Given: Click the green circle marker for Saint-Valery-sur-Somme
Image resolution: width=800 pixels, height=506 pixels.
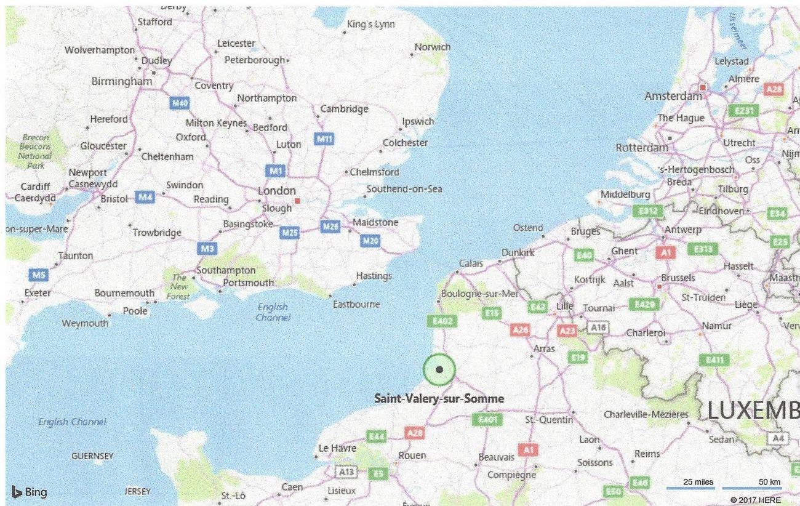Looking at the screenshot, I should click(439, 370).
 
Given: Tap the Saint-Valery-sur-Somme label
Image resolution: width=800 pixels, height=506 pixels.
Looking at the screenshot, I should click(439, 399).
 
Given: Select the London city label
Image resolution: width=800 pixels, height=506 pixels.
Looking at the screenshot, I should click(276, 191).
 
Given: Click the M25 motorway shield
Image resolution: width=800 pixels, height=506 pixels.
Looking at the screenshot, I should click(289, 232).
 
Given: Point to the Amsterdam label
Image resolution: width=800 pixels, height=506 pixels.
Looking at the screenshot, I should click(673, 96).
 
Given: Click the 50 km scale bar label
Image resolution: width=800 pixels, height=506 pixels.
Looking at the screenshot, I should click(769, 481).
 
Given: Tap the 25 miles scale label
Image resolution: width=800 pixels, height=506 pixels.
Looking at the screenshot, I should click(698, 481).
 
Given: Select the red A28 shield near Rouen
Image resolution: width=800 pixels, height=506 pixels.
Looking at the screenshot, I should click(415, 433).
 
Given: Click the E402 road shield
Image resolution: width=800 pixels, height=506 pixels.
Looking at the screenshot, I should click(442, 321).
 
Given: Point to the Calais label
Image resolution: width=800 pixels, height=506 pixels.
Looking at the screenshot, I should click(471, 263).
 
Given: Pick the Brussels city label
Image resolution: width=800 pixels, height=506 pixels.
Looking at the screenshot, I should click(678, 278).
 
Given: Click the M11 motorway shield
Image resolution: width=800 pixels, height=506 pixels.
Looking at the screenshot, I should click(324, 139).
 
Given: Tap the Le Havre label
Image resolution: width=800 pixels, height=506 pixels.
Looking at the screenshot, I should click(337, 448).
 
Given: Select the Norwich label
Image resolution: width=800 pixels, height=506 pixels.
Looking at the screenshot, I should click(432, 47).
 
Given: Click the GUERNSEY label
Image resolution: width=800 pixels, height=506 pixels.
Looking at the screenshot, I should click(92, 456).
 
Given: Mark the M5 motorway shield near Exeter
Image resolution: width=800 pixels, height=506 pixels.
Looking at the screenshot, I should click(38, 275).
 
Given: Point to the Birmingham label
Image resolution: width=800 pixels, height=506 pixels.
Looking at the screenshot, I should click(121, 81).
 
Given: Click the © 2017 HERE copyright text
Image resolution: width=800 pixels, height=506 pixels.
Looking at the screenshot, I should click(755, 499).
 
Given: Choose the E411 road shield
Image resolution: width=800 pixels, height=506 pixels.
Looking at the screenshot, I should click(715, 359).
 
